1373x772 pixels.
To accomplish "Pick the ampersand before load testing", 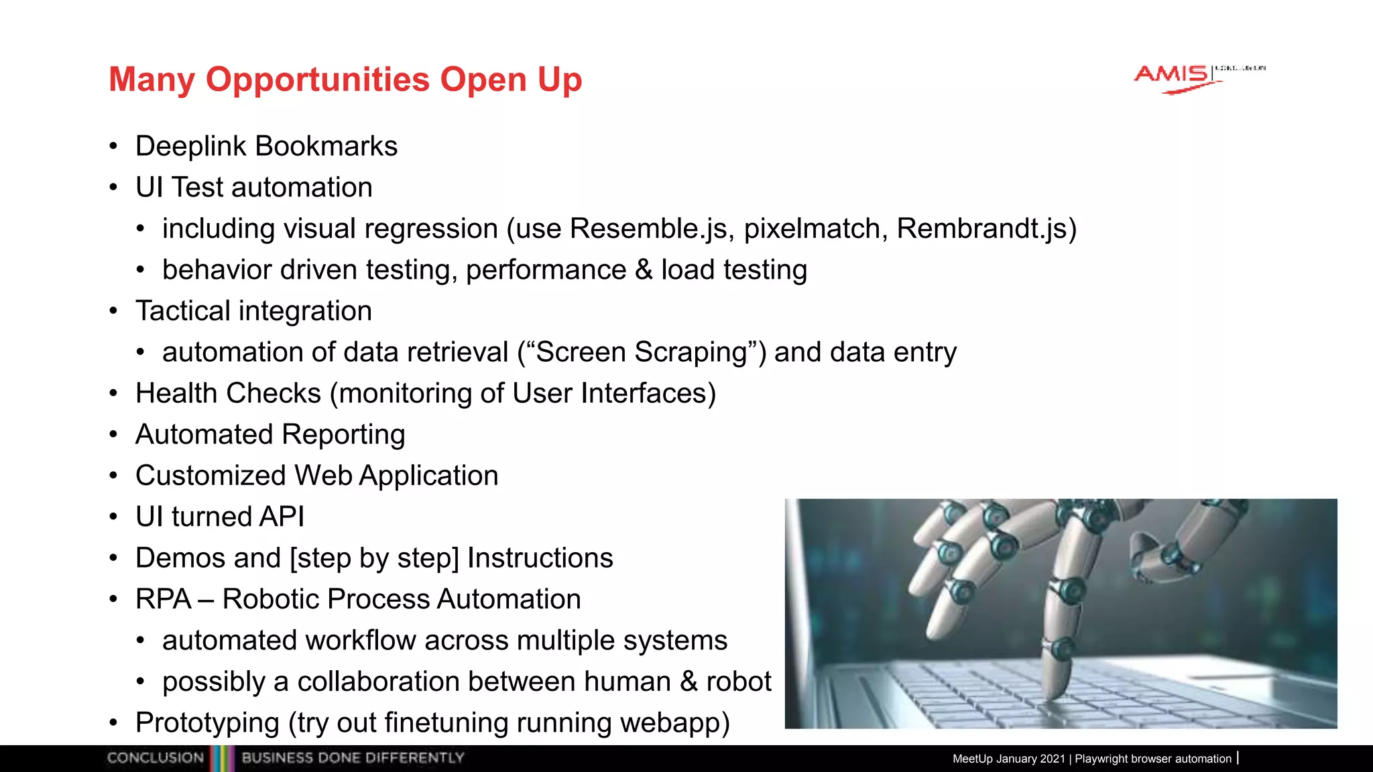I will (x=643, y=269).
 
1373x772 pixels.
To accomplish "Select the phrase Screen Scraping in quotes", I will (x=642, y=352).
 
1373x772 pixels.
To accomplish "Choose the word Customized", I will (x=211, y=476).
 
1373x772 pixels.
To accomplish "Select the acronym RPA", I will (x=163, y=599).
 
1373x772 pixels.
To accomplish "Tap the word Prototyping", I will (x=207, y=723).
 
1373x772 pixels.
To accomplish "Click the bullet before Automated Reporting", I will (x=114, y=435).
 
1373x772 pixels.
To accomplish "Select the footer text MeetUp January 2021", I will (x=1008, y=759).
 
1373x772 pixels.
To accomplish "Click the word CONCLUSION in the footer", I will (x=155, y=758).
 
